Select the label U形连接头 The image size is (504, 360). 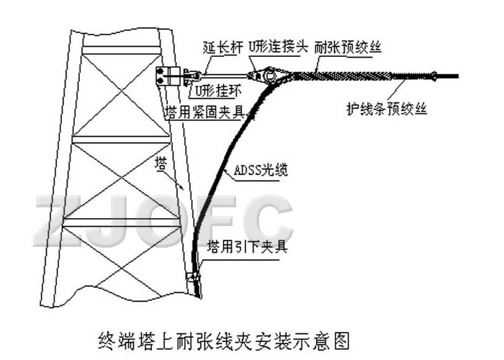[279, 48]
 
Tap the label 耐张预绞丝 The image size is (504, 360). [348, 48]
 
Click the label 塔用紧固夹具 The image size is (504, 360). [204, 112]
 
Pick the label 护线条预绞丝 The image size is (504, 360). [387, 109]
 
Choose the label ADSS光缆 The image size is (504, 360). [261, 170]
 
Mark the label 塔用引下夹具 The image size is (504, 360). [247, 246]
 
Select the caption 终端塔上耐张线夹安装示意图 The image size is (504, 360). [224, 341]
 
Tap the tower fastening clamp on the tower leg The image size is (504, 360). [168, 76]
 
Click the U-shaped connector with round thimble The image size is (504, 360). [266, 75]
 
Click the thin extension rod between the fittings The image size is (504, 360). [225, 76]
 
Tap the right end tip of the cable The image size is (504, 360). [458, 76]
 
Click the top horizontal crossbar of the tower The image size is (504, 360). [121, 50]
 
